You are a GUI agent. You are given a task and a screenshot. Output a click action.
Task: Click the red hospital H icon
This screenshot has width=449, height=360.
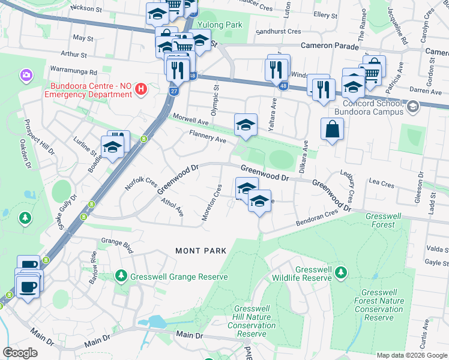tap(141, 90)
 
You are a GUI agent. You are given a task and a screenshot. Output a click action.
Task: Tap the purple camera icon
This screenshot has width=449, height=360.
tap(26, 75)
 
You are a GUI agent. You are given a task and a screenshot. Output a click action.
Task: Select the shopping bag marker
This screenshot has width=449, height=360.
tap(333, 128)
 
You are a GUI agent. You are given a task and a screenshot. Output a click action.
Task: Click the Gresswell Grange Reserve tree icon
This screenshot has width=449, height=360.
tap(121, 276)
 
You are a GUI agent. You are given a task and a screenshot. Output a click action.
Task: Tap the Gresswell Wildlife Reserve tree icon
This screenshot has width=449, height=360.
tap(341, 273)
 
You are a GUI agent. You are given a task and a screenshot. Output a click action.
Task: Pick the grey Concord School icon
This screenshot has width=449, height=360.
tap(412, 106)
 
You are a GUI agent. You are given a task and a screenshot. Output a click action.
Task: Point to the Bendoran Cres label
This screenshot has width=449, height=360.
tap(318, 219)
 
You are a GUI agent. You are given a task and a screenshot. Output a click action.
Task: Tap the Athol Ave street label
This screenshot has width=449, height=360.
tap(173, 208)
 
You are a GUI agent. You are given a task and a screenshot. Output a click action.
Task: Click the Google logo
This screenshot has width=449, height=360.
tap(20, 353)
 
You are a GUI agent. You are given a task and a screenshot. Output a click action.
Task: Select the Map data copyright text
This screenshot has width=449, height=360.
tap(411, 355)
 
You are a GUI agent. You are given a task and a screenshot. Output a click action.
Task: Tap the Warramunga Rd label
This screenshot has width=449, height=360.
tap(74, 70)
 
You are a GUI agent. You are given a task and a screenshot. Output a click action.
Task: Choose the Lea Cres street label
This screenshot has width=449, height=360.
tap(381, 180)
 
